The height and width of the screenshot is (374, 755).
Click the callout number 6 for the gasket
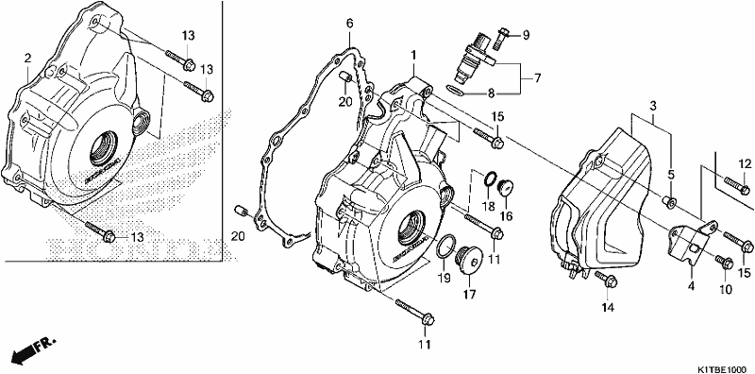[x=349, y=23]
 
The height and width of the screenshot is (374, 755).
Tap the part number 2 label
[x=27, y=59]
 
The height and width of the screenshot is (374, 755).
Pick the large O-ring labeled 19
[x=445, y=246]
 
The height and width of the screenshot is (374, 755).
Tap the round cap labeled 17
[x=469, y=260]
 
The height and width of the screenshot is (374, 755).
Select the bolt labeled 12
[x=736, y=183]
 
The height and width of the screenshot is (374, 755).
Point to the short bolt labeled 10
[x=725, y=263]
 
